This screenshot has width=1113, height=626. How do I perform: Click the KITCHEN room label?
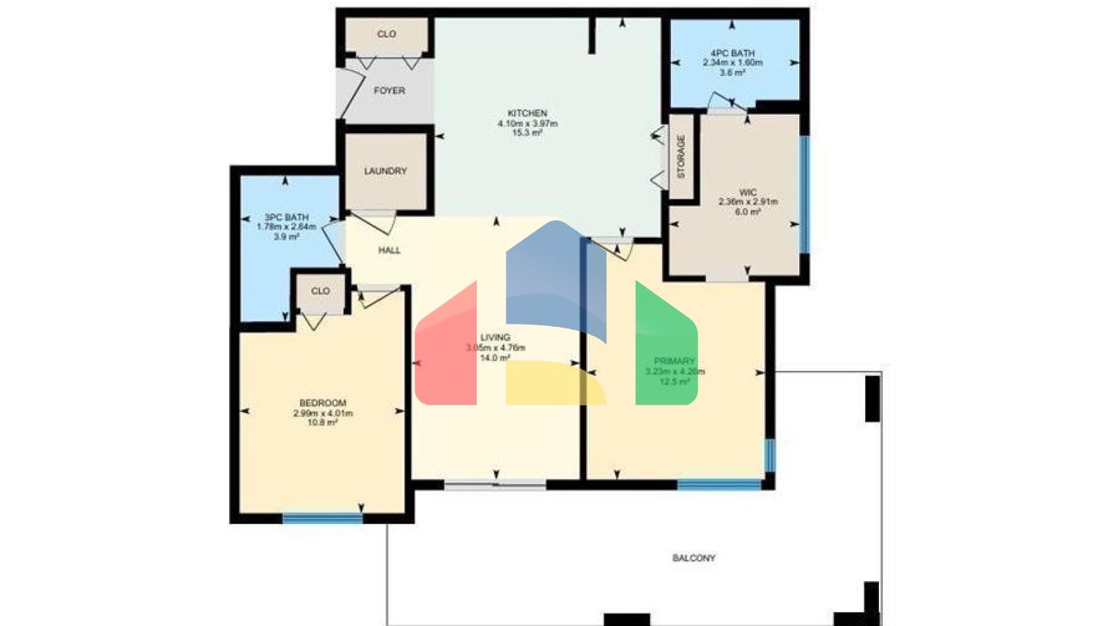click(x=527, y=114)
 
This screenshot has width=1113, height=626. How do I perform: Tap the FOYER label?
click(x=389, y=91)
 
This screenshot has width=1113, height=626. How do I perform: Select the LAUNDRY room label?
click(x=385, y=171)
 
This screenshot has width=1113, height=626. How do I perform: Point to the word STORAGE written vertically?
click(x=680, y=156)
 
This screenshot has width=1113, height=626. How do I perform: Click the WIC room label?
click(x=748, y=193)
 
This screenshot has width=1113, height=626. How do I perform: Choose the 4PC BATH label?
click(x=732, y=54)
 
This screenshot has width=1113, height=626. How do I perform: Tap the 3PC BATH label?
click(x=286, y=217)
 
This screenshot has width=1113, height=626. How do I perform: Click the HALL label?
click(x=389, y=251)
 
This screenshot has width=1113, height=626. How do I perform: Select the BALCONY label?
click(x=693, y=559)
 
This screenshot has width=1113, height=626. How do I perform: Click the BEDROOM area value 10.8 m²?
click(x=322, y=423)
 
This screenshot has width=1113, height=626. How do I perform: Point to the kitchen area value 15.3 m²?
click(x=527, y=133)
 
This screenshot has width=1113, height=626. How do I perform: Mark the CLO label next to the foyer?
click(x=386, y=34)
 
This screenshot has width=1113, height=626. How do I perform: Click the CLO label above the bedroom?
click(x=320, y=291)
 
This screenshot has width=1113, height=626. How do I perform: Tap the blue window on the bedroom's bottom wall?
click(x=322, y=518)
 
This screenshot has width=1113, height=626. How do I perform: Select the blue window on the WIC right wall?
click(x=804, y=194)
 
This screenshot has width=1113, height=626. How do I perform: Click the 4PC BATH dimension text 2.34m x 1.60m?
click(x=732, y=63)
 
